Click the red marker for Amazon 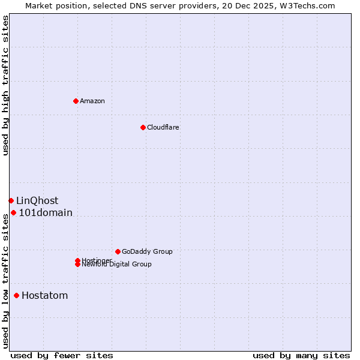coord(76,101)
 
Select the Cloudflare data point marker coord(143,127)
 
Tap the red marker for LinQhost coord(11,200)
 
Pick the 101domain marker coord(13,212)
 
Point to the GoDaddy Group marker coord(118,251)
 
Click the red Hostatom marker coord(16,295)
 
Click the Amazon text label coord(92,101)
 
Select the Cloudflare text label coord(163,127)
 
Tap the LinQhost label coord(37,200)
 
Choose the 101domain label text coord(46,212)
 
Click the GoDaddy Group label coord(147,251)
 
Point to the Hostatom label coord(44,295)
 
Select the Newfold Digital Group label coord(117,265)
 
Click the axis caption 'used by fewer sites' coord(62,355)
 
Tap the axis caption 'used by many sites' coord(301,355)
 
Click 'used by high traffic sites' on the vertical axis coord(6,85)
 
